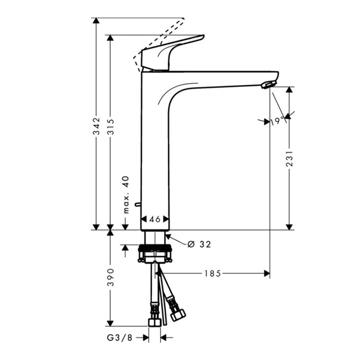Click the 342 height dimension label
96,126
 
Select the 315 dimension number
111,127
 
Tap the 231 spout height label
290,158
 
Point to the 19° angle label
277,121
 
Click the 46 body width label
155,219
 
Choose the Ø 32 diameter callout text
199,244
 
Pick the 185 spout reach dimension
212,274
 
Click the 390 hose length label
111,277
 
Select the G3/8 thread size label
120,337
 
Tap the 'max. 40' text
126,195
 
